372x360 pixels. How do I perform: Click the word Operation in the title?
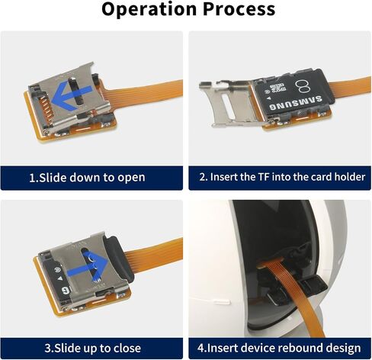tap(149, 10)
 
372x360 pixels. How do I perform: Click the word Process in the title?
tap(239, 9)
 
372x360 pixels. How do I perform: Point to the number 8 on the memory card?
tap(303, 87)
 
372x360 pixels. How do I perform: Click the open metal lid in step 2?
tap(227, 103)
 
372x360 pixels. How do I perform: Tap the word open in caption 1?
tap(131, 178)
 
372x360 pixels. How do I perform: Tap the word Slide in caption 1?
tap(53, 178)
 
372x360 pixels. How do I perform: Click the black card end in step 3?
tap(120, 259)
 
